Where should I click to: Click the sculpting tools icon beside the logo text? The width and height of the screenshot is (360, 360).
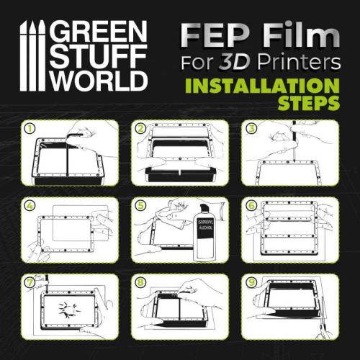tap(36, 54)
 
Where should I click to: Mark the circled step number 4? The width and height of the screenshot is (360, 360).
tap(30, 205)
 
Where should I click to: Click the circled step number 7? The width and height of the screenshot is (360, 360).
tap(30, 282)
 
